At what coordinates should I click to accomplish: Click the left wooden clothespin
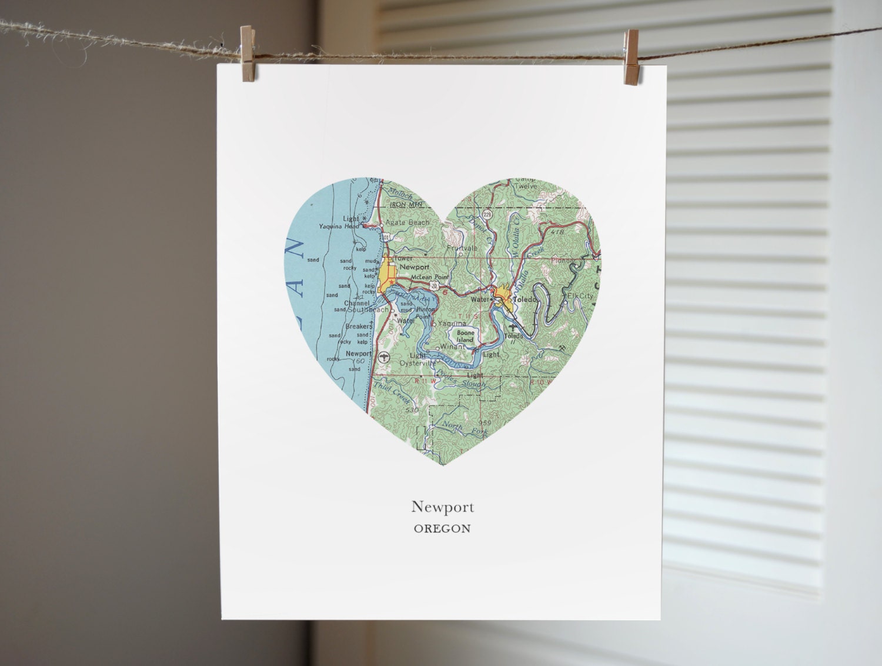tap(248, 53)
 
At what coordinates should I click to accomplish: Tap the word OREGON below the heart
tap(442, 528)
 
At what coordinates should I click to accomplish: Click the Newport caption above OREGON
tap(442, 507)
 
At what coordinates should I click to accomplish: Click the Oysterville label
tap(417, 364)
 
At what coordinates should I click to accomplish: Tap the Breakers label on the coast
tap(358, 327)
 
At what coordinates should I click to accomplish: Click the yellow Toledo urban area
tap(503, 294)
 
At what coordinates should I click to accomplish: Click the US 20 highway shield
tap(435, 285)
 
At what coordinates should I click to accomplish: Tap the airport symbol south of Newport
tap(383, 356)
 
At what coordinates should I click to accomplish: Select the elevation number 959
tap(485, 422)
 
